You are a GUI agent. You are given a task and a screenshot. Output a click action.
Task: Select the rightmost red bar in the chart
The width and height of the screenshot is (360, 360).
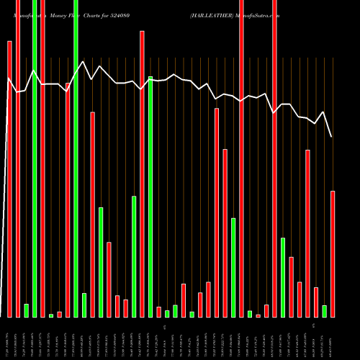[333, 253]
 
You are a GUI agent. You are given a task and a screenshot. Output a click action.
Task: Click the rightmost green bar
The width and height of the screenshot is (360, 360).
[324, 311]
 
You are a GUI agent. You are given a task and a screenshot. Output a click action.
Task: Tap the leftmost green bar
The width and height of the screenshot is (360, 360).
[26, 310]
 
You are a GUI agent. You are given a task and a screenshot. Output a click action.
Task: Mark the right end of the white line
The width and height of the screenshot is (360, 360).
[331, 137]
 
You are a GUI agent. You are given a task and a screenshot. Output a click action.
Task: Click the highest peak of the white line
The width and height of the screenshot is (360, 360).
[84, 61]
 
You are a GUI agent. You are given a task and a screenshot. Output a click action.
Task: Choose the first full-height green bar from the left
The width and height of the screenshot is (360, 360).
[35, 158]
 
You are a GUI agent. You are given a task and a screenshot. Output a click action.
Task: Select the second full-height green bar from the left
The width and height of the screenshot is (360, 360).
[76, 158]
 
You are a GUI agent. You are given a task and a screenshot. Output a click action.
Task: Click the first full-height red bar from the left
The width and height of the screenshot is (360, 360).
[18, 158]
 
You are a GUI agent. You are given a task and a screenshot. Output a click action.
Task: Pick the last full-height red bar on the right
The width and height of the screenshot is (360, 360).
[274, 158]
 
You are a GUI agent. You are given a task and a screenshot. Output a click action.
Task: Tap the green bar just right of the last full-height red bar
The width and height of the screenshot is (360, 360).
[283, 277]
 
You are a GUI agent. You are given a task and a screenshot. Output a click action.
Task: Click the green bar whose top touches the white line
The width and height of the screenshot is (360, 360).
[150, 196]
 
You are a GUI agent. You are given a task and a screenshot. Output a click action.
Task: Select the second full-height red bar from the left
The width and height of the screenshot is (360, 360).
[42, 158]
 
